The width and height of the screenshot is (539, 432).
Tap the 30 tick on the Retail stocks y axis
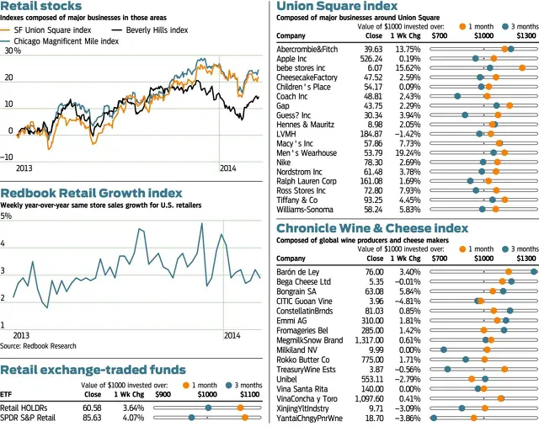[x=13, y=51]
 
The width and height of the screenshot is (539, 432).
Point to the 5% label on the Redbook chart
[x=8, y=216]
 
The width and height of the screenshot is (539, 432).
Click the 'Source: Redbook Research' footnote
[x=45, y=345]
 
